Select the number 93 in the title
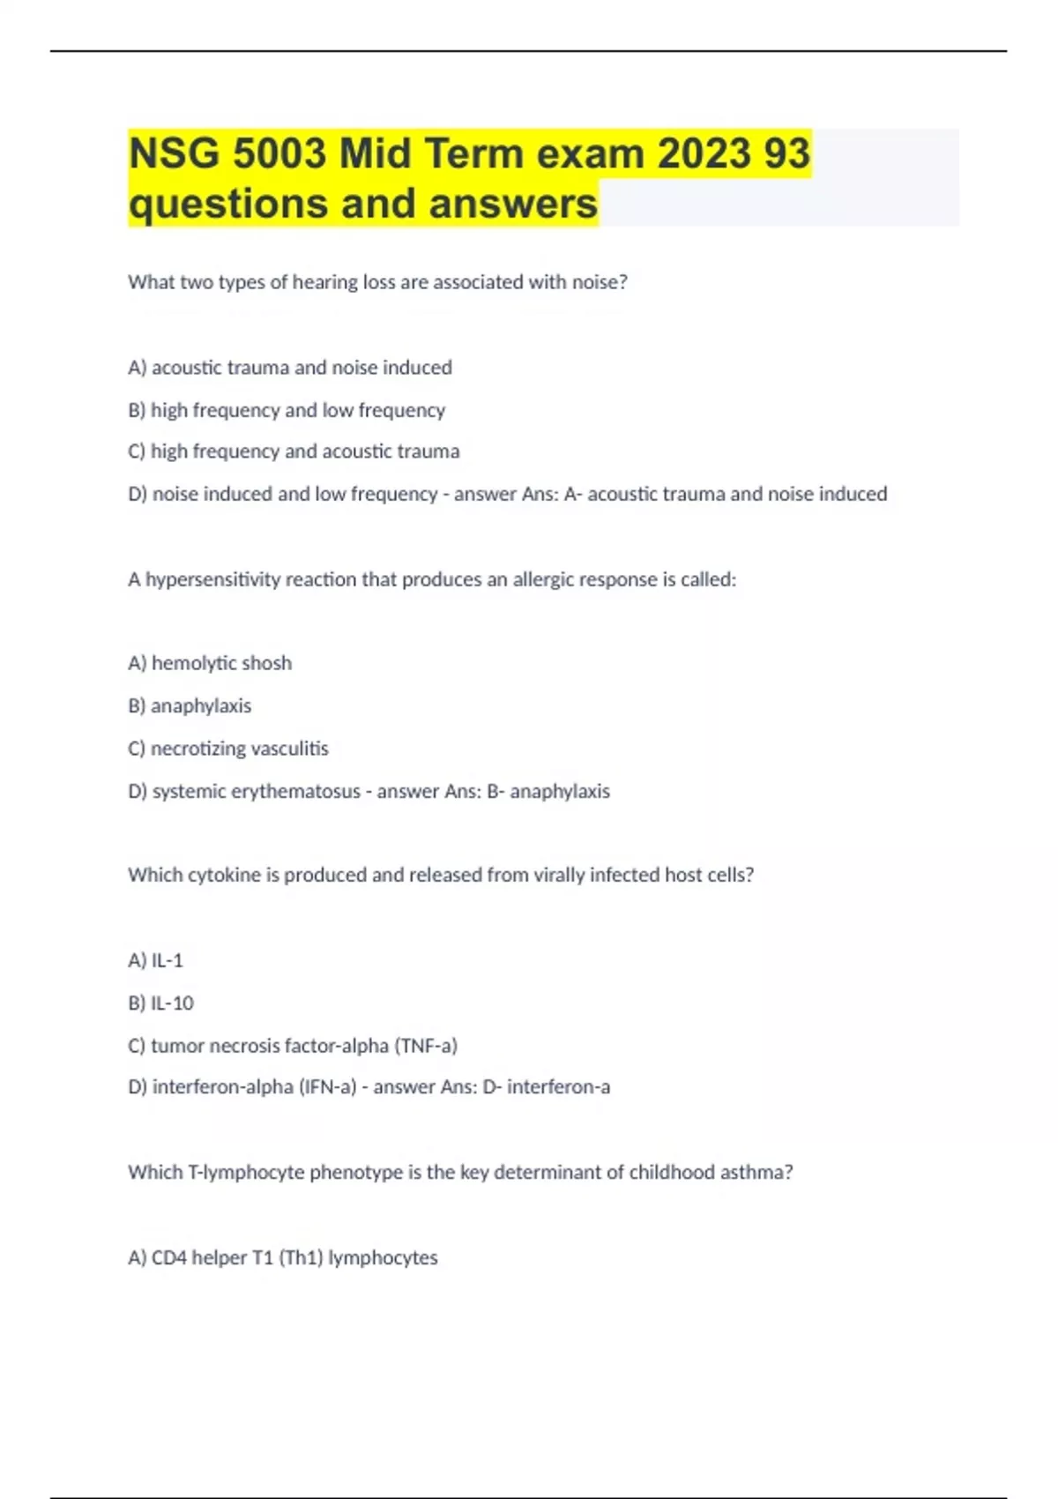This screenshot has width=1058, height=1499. coord(786,154)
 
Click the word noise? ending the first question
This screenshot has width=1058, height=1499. coord(600,282)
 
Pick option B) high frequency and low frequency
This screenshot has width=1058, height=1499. coord(287,410)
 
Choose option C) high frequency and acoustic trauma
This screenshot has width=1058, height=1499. coord(294,451)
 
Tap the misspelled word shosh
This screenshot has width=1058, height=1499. coord(270,663)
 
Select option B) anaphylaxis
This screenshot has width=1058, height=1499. coord(190,706)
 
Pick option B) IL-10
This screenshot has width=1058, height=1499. coord(160,1003)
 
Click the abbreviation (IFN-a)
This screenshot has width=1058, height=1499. coord(328,1087)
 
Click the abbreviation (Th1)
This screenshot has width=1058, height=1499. coord(301,1257)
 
